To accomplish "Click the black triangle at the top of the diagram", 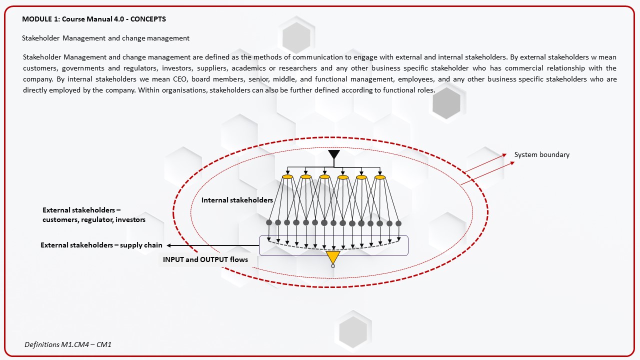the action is [x=333, y=153].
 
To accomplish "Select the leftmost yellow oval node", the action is [x=287, y=177].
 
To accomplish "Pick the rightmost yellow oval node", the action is [x=380, y=177].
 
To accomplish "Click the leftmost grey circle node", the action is [x=269, y=222].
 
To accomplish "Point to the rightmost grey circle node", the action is [x=398, y=223].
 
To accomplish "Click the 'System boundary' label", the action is [x=541, y=154].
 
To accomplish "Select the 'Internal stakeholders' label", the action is [x=237, y=200].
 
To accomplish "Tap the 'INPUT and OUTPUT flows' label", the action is [x=205, y=259].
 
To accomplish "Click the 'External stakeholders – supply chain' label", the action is [x=101, y=245].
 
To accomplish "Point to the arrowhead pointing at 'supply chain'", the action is [x=169, y=245].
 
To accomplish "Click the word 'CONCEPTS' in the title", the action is [x=148, y=19].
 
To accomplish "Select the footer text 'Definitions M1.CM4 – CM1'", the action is [x=68, y=344].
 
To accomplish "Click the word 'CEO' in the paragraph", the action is [x=179, y=79].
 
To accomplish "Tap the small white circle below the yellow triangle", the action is [x=333, y=266].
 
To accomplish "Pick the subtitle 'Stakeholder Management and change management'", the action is [x=105, y=38].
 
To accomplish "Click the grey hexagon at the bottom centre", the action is [x=353, y=332].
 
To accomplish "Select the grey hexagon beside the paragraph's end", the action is [x=446, y=103].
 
